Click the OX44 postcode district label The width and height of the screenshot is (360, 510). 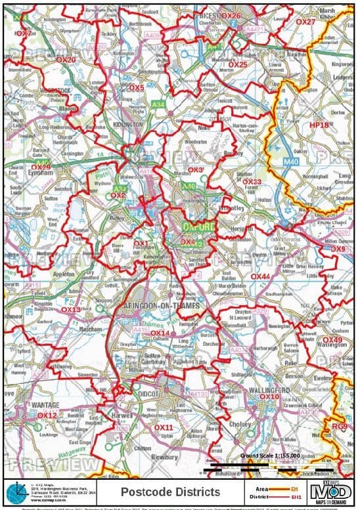261,277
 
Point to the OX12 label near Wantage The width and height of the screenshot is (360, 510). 47,415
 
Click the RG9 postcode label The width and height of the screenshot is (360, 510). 340,427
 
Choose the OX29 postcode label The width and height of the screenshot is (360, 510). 40,167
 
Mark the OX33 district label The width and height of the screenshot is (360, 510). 252,181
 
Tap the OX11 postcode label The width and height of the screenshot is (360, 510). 164,427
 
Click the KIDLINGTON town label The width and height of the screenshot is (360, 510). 128,124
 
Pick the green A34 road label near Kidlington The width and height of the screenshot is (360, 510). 158,105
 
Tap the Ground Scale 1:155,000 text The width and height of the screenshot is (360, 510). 269,455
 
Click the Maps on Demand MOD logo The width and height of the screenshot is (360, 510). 332,492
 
